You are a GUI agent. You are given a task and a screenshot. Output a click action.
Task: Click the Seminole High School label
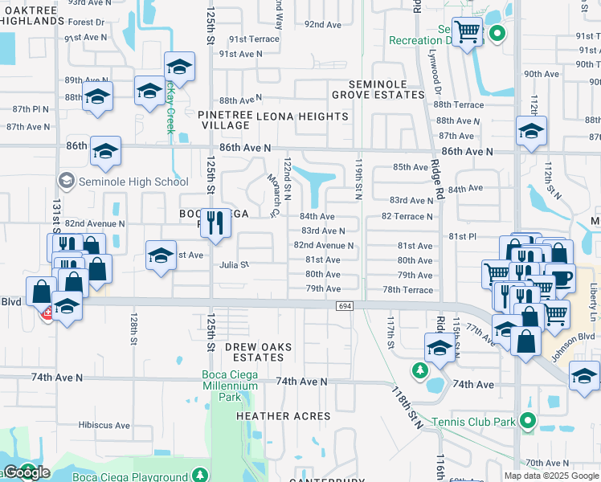click(133, 182)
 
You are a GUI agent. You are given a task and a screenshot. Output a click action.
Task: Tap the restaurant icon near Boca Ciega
click(215, 221)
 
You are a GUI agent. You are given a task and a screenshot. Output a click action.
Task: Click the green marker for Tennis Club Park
click(527, 420)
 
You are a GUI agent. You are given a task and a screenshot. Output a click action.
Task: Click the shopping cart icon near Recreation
click(467, 32)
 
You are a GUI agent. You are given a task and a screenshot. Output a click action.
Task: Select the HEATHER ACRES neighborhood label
click(283, 416)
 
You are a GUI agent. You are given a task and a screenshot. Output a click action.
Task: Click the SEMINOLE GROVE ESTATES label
click(386, 89)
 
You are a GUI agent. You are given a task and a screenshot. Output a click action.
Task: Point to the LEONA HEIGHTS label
click(302, 116)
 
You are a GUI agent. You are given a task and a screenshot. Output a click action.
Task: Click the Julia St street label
click(235, 264)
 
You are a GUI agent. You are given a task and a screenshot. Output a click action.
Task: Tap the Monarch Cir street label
click(272, 197)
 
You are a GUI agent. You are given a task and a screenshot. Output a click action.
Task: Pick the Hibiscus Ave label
click(104, 425)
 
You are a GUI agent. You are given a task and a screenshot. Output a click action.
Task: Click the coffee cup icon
click(560, 277)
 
